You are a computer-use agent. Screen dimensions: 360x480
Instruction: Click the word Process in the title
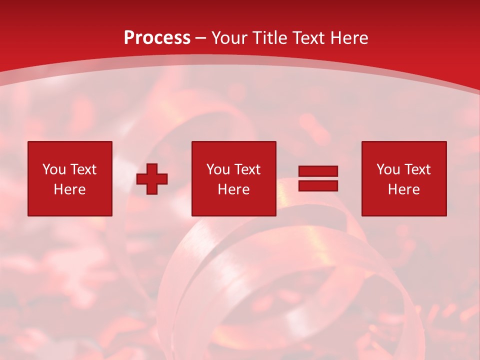(157, 38)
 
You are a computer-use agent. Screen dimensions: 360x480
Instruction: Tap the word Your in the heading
(229, 38)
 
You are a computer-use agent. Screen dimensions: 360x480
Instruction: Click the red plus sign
(152, 179)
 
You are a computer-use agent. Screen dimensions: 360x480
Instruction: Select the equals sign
(318, 178)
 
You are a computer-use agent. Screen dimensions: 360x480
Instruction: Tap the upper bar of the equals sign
(318, 171)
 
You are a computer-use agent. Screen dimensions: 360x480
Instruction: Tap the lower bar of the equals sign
(318, 185)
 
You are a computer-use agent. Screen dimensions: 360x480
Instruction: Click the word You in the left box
(54, 169)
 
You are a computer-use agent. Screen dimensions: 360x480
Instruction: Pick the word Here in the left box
(69, 189)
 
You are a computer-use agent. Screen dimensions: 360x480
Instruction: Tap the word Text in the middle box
(247, 169)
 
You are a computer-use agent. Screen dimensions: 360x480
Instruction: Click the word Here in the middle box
(233, 189)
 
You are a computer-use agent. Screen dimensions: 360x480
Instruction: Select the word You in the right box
(388, 169)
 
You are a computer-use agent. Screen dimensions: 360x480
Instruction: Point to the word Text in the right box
(417, 169)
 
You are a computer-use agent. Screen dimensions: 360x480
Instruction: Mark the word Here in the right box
(403, 189)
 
